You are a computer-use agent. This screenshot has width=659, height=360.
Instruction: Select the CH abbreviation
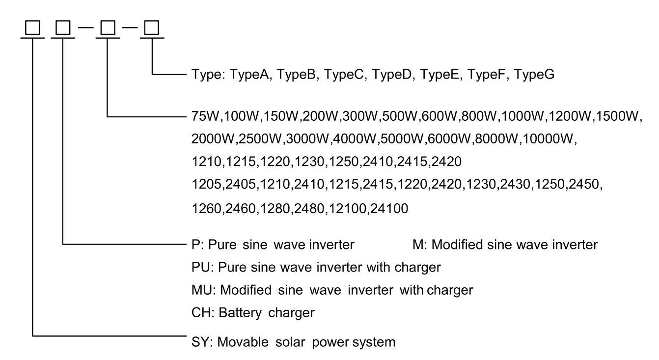tap(198, 312)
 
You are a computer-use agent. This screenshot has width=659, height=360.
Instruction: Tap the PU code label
tap(198, 267)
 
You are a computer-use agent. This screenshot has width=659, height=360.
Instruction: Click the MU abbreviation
tap(199, 290)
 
